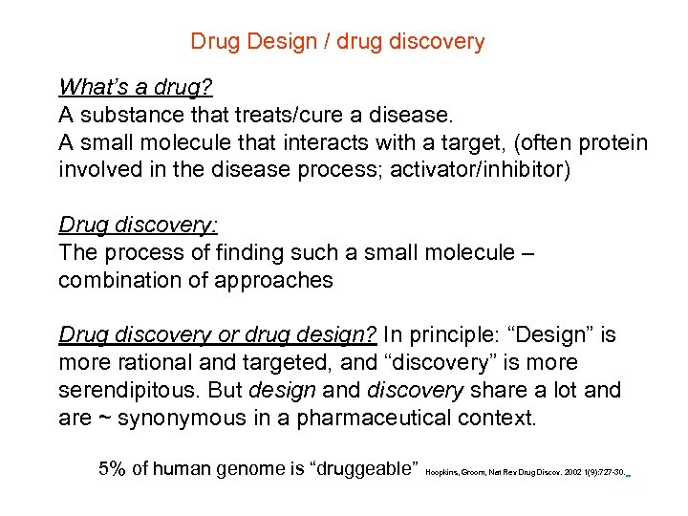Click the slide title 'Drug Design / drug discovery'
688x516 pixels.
click(x=337, y=42)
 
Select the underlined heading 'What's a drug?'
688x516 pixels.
click(x=135, y=88)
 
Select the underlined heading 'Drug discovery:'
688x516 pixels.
click(x=139, y=226)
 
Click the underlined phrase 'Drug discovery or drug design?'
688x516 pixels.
click(x=219, y=335)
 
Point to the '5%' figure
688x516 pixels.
click(x=117, y=469)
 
